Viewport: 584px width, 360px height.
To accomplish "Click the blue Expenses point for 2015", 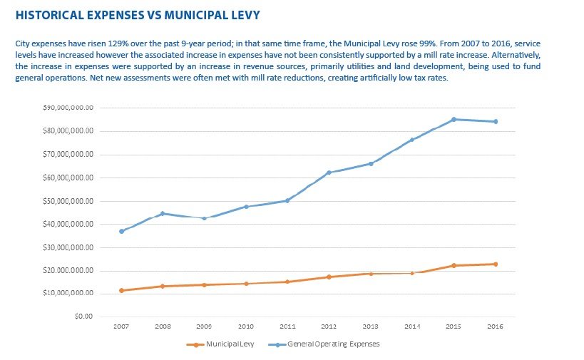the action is (454, 120).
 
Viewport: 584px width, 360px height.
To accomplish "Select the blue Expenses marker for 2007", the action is (121, 231).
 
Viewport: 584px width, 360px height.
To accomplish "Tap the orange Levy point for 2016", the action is (496, 264).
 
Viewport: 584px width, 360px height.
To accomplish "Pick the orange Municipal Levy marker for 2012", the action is (329, 277).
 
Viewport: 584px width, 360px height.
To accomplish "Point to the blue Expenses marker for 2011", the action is (287, 200).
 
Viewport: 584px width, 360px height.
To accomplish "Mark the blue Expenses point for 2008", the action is (163, 214).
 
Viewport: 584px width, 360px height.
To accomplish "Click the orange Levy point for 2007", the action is (121, 290).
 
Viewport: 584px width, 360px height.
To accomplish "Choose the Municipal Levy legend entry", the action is (220, 344).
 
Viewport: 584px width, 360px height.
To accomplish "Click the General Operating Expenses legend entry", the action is (324, 344).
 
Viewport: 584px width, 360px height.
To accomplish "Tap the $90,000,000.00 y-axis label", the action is (68, 108).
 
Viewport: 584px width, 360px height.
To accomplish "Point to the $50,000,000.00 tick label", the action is (68, 201).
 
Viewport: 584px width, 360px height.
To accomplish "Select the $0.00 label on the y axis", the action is (83, 317).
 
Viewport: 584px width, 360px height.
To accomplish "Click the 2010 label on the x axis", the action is (246, 326).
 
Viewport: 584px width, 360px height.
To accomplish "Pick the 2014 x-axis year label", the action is (412, 326).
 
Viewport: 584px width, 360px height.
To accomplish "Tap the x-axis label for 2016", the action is (495, 326).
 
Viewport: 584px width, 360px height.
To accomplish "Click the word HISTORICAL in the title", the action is (49, 15).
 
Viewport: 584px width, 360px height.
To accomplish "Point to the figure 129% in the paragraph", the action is (118, 43).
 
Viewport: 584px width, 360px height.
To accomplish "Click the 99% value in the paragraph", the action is (428, 43).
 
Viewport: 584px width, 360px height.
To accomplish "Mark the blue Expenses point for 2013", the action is (371, 163).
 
